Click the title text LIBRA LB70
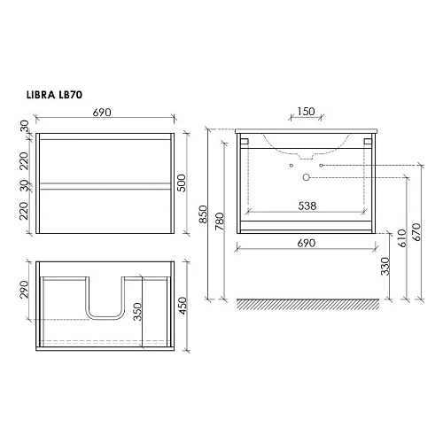(x=54, y=95)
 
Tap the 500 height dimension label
(x=182, y=183)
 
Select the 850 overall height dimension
(x=203, y=214)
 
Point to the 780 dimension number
(x=220, y=221)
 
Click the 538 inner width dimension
(x=307, y=206)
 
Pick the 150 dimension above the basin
(x=306, y=112)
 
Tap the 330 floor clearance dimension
(x=385, y=266)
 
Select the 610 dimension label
(x=402, y=238)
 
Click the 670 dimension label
(x=416, y=232)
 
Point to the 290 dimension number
(x=24, y=290)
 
